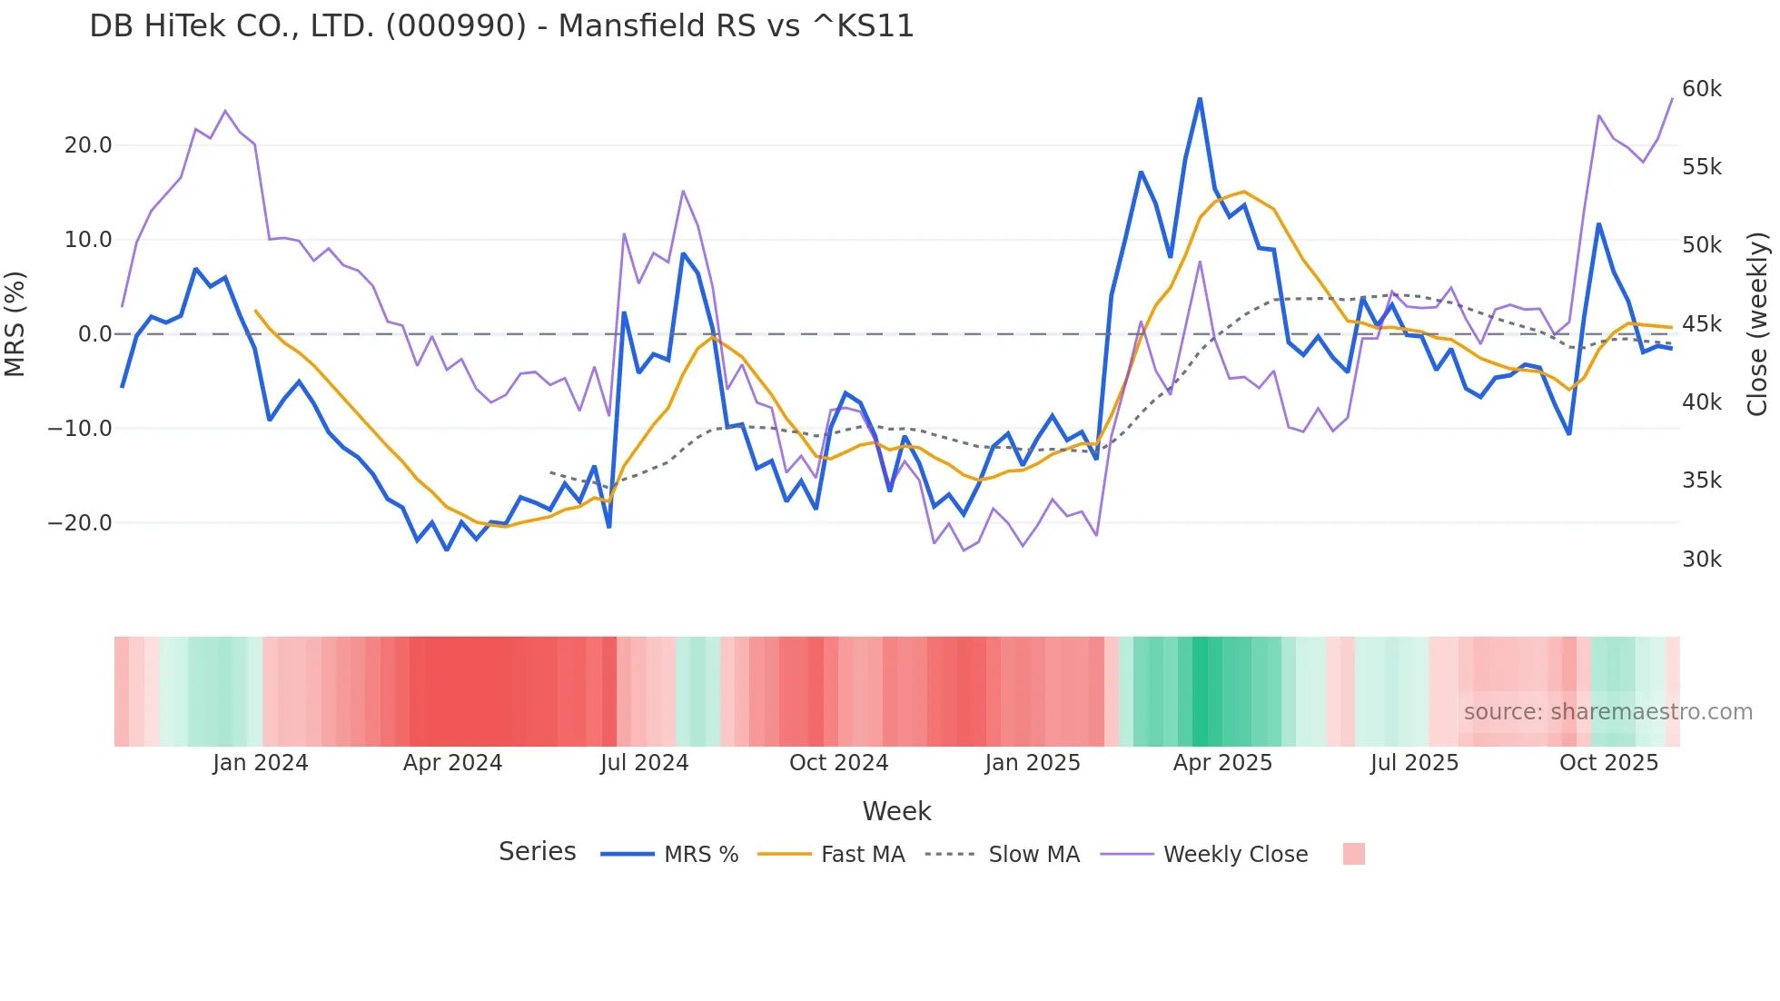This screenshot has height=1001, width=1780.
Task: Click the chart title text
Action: pyautogui.click(x=501, y=26)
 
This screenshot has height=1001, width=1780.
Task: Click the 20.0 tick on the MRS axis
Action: pyautogui.click(x=88, y=145)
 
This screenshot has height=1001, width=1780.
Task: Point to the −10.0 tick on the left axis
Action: pyautogui.click(x=80, y=429)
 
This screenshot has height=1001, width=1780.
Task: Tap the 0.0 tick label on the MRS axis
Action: pyautogui.click(x=94, y=334)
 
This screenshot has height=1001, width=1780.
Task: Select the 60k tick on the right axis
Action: pyautogui.click(x=1701, y=89)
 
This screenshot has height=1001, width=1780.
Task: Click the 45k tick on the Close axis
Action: pyautogui.click(x=1701, y=324)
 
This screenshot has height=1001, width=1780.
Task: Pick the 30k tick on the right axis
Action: pyautogui.click(x=1701, y=560)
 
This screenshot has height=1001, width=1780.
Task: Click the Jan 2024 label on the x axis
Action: pyautogui.click(x=261, y=763)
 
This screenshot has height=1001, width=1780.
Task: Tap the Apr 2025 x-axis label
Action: pyautogui.click(x=1222, y=763)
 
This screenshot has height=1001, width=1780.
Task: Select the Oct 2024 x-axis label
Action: pyautogui.click(x=838, y=763)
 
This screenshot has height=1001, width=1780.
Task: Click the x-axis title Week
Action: pyautogui.click(x=896, y=811)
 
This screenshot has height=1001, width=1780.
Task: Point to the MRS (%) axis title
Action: pyautogui.click(x=15, y=323)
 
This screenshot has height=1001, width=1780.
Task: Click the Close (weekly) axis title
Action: pyautogui.click(x=1757, y=324)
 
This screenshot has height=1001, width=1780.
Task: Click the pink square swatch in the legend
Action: pyautogui.click(x=1353, y=854)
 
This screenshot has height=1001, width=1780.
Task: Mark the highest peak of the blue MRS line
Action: pyautogui.click(x=1200, y=99)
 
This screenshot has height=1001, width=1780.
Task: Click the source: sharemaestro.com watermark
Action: pyautogui.click(x=1607, y=712)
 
